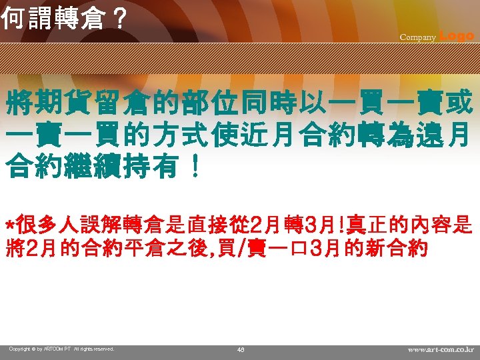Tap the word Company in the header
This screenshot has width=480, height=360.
[417, 37]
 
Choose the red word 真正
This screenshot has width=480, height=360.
[366, 224]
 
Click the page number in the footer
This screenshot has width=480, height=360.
[240, 349]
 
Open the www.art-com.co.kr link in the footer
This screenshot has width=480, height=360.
[441, 349]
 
